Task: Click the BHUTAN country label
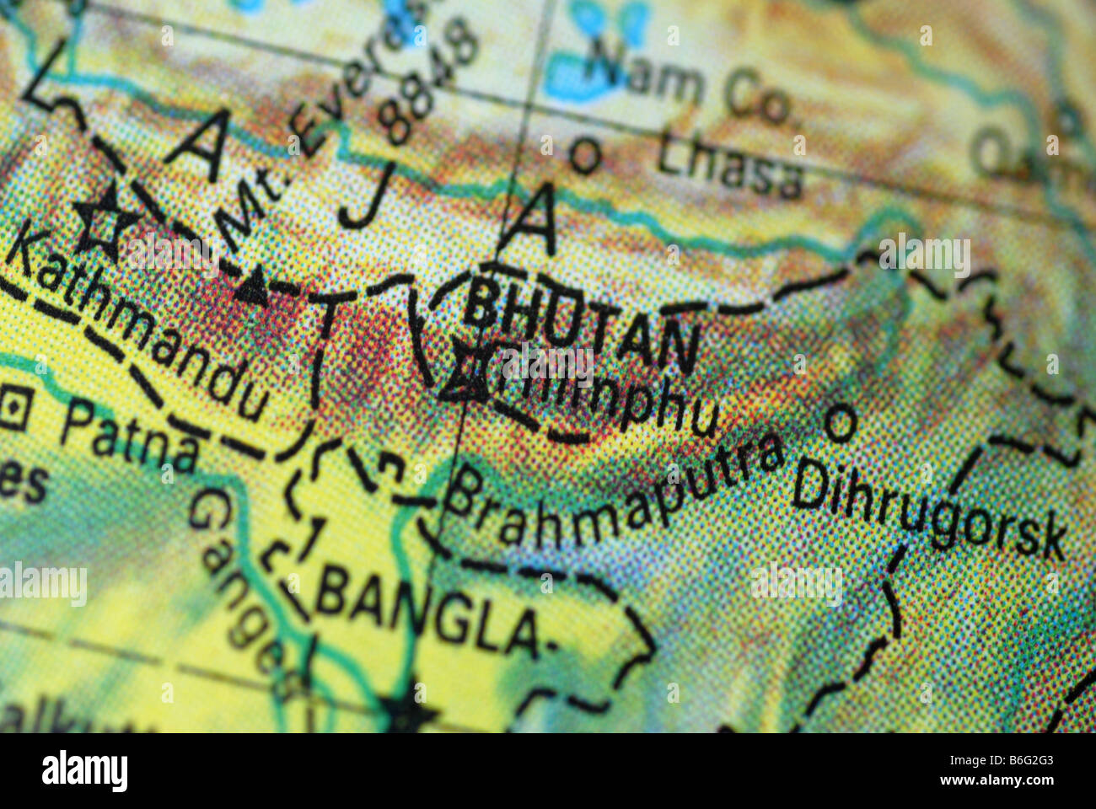pyautogui.click(x=582, y=324)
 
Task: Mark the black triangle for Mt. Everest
pyautogui.click(x=252, y=289)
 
